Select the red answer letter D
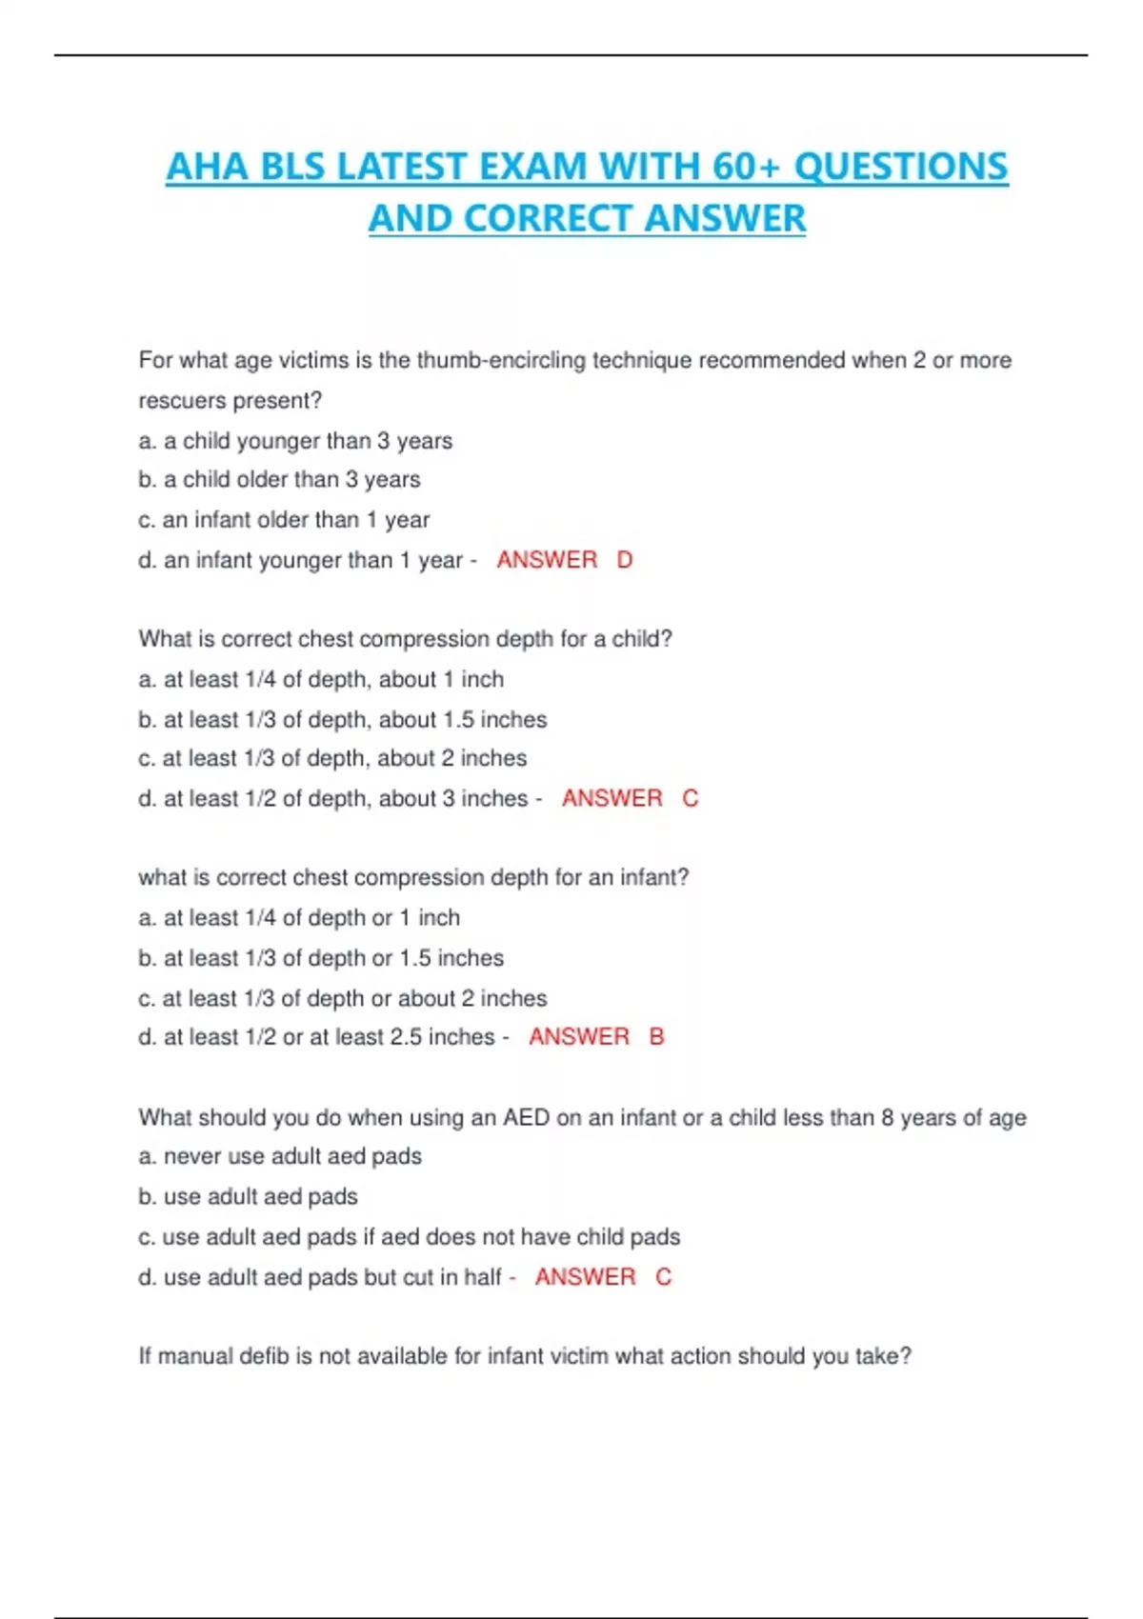click(625, 560)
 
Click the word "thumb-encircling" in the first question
click(501, 360)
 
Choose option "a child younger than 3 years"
click(307, 441)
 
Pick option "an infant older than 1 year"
click(295, 520)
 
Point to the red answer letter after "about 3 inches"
click(691, 798)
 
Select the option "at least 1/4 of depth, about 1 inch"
click(332, 679)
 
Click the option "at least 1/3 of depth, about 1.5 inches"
click(354, 720)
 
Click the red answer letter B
click(657, 1036)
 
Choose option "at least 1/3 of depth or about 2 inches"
click(354, 998)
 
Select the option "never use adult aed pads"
click(291, 1156)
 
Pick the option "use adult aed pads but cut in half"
click(331, 1277)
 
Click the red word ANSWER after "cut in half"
click(585, 1277)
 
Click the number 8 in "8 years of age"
click(888, 1117)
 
